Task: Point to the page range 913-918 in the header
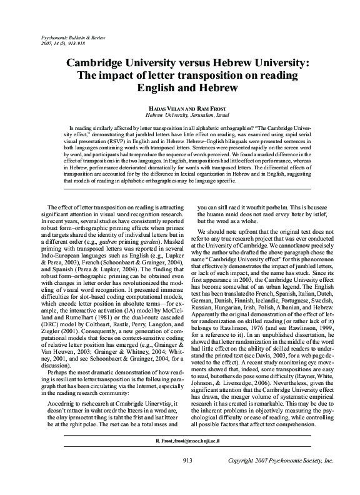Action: [72, 44]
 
